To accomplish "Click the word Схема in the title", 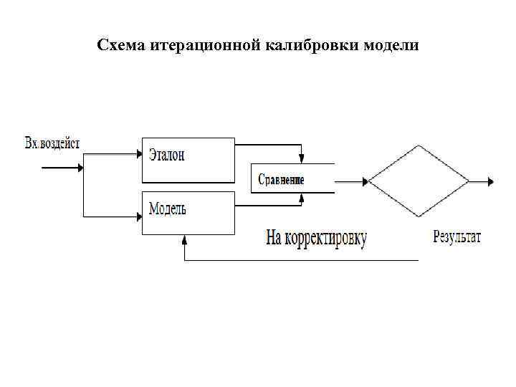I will [x=121, y=46].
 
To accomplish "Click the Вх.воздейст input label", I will [x=52, y=143].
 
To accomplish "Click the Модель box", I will [x=188, y=212].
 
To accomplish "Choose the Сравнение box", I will [x=292, y=178].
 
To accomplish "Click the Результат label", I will [x=457, y=237].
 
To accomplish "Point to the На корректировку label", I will [x=316, y=238].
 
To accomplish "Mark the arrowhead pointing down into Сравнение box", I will [x=302, y=158].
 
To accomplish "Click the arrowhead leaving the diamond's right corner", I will [x=490, y=181].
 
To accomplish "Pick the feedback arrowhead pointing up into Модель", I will [x=185, y=240].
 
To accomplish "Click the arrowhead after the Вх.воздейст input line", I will [x=79, y=169].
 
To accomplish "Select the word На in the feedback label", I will [x=276, y=237].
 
